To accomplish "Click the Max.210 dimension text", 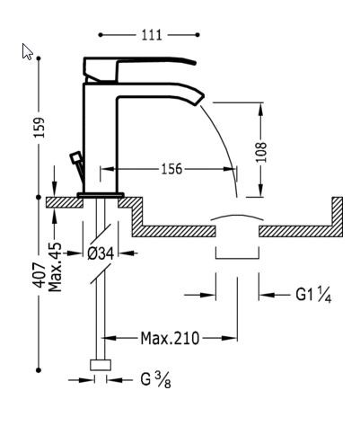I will (x=170, y=338).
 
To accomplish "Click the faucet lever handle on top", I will (x=139, y=66).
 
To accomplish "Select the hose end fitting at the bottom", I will (x=100, y=366).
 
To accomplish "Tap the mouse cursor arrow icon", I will (x=27, y=52).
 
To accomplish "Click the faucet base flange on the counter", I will (x=99, y=193).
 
